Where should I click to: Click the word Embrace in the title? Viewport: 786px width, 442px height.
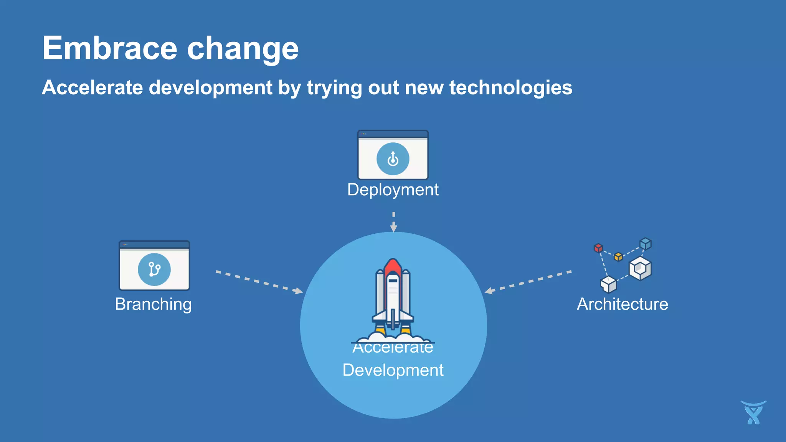(x=110, y=48)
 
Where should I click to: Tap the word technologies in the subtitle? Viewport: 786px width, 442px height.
(x=510, y=88)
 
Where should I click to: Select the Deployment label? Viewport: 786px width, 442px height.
(x=393, y=190)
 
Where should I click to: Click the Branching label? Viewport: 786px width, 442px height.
(x=153, y=304)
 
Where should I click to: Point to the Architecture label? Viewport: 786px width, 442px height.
(x=622, y=304)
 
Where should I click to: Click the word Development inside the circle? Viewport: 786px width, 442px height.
(x=393, y=370)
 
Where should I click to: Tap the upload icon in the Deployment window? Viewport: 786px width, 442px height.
(x=393, y=159)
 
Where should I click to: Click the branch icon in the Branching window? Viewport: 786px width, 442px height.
(x=154, y=269)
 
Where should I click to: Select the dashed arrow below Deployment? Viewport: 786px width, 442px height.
(x=393, y=222)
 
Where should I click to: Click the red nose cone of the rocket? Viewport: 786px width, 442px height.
(x=393, y=266)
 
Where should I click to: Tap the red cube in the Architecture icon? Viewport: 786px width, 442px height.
(x=598, y=248)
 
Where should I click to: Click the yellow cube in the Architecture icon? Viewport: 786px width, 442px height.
(x=618, y=256)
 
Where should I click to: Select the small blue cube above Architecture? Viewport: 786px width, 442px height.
(x=646, y=244)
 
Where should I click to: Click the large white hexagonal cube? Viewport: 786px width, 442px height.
(x=640, y=269)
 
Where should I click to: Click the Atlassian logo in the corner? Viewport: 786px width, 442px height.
(x=753, y=413)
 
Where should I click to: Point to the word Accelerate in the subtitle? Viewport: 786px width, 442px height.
(x=92, y=88)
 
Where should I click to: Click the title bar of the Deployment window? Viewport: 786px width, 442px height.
(x=393, y=134)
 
